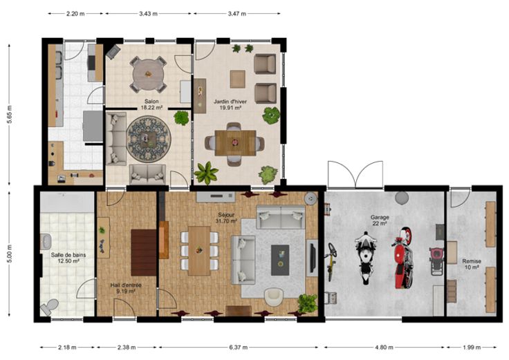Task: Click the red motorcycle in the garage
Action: (404, 258)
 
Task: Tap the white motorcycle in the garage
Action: (366, 258)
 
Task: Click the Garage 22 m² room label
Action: (380, 220)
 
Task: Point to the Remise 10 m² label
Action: (472, 264)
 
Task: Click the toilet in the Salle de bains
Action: (49, 307)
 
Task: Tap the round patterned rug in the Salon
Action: (149, 140)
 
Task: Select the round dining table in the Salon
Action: (148, 74)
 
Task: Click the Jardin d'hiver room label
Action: (230, 104)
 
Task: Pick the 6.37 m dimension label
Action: (239, 348)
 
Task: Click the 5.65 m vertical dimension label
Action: (10, 114)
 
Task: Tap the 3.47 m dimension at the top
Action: (237, 14)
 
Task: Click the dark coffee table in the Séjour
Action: (280, 260)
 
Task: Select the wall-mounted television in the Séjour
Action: (313, 258)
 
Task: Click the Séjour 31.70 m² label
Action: (226, 218)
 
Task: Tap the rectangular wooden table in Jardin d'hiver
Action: (235, 143)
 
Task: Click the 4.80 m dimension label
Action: (384, 348)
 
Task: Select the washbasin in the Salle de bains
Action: (46, 242)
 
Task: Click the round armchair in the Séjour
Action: (274, 297)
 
